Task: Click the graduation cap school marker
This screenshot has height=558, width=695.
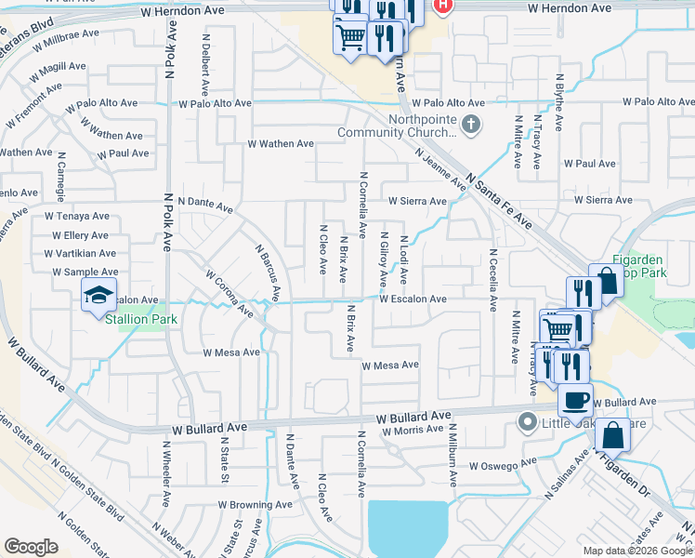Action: [x=99, y=296]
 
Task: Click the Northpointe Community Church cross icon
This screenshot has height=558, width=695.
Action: [x=471, y=124]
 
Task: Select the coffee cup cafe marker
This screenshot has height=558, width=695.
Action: [x=575, y=400]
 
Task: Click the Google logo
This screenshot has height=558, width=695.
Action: [x=31, y=547]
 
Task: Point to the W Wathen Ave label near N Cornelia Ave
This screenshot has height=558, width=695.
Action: [x=280, y=144]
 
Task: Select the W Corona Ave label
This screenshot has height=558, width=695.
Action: [x=229, y=292]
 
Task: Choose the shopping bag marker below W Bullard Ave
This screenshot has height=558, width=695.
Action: [x=613, y=435]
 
